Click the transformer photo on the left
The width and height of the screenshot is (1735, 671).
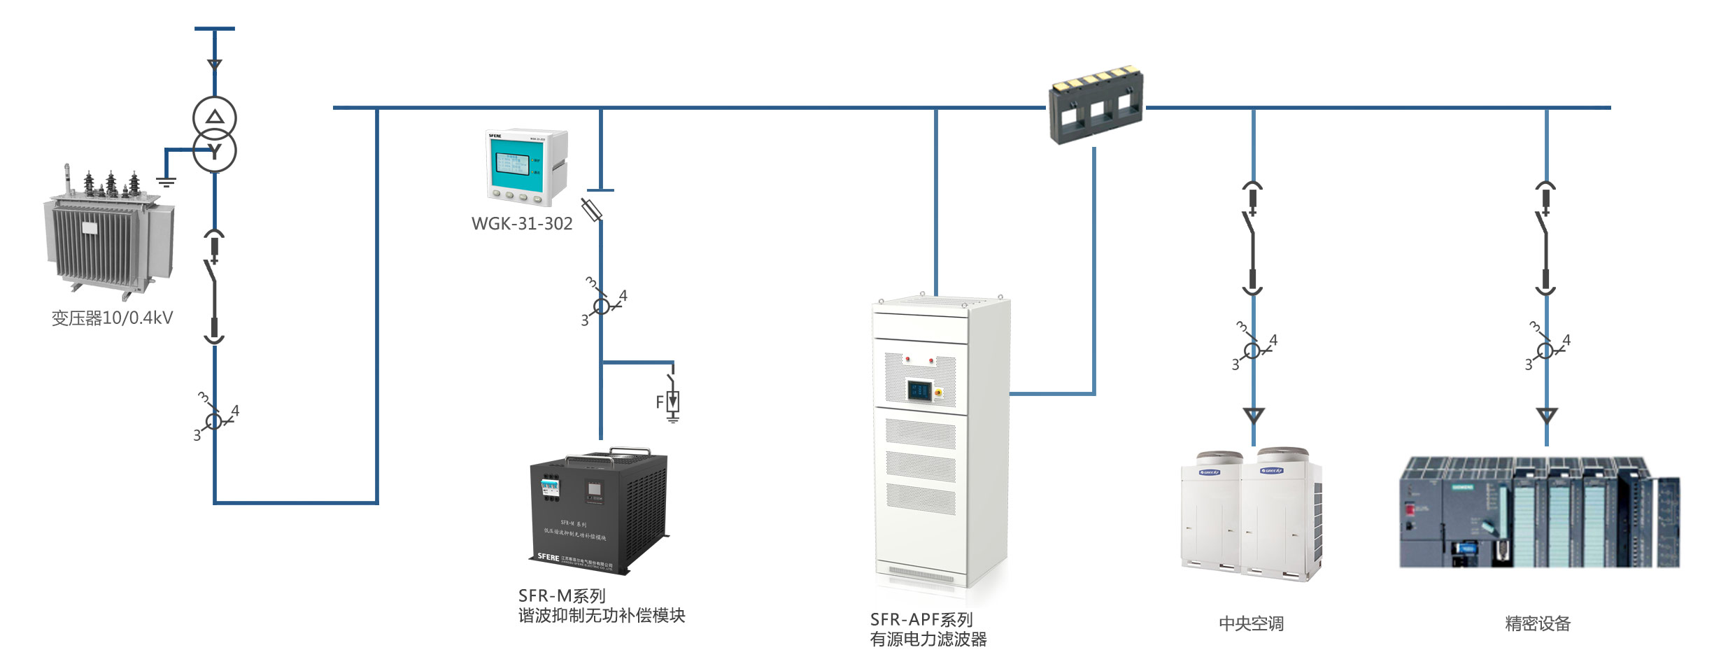coord(111,231)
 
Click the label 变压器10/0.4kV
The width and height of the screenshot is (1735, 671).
coord(112,318)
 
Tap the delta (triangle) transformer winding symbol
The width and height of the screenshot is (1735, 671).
coord(215,118)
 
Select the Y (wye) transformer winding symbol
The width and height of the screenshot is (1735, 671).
coord(215,151)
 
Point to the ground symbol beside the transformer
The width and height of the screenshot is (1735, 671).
coord(166,183)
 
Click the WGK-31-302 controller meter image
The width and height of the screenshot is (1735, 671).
coord(526,167)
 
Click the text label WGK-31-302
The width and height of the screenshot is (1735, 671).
coord(522,224)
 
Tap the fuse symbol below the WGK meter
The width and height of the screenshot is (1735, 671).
coord(592,209)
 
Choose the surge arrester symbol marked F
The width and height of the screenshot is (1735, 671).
coord(672,402)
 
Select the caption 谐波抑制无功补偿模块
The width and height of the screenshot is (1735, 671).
coord(602,616)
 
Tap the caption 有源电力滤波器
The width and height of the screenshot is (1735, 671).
coord(928,640)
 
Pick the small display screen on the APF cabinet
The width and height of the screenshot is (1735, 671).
coord(920,390)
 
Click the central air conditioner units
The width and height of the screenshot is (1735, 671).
coord(1252,515)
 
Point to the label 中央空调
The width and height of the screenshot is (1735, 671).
coord(1251,623)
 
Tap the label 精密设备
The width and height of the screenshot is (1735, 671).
coord(1538,623)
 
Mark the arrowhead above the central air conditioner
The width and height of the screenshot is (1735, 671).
coord(1254,416)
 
